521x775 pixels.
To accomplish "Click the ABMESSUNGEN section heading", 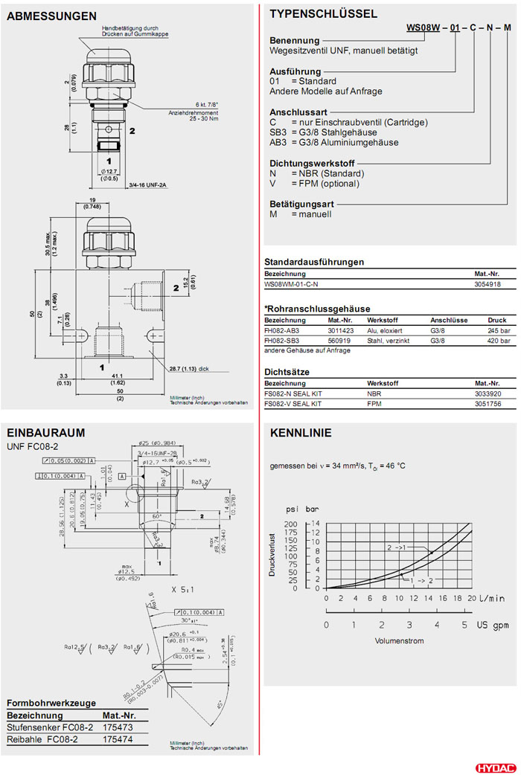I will [51, 16].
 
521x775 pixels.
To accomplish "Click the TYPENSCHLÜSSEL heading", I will [323, 13].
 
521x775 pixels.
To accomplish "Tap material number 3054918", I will [488, 284].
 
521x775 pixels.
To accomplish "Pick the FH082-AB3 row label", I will [281, 330].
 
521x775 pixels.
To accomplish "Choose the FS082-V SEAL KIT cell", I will [293, 403].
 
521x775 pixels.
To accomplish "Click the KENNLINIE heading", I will [301, 433].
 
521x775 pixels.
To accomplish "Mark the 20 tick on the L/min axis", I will [472, 598].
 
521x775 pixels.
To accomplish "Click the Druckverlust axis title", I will [273, 555].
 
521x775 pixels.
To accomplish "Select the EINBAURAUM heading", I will [45, 432].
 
